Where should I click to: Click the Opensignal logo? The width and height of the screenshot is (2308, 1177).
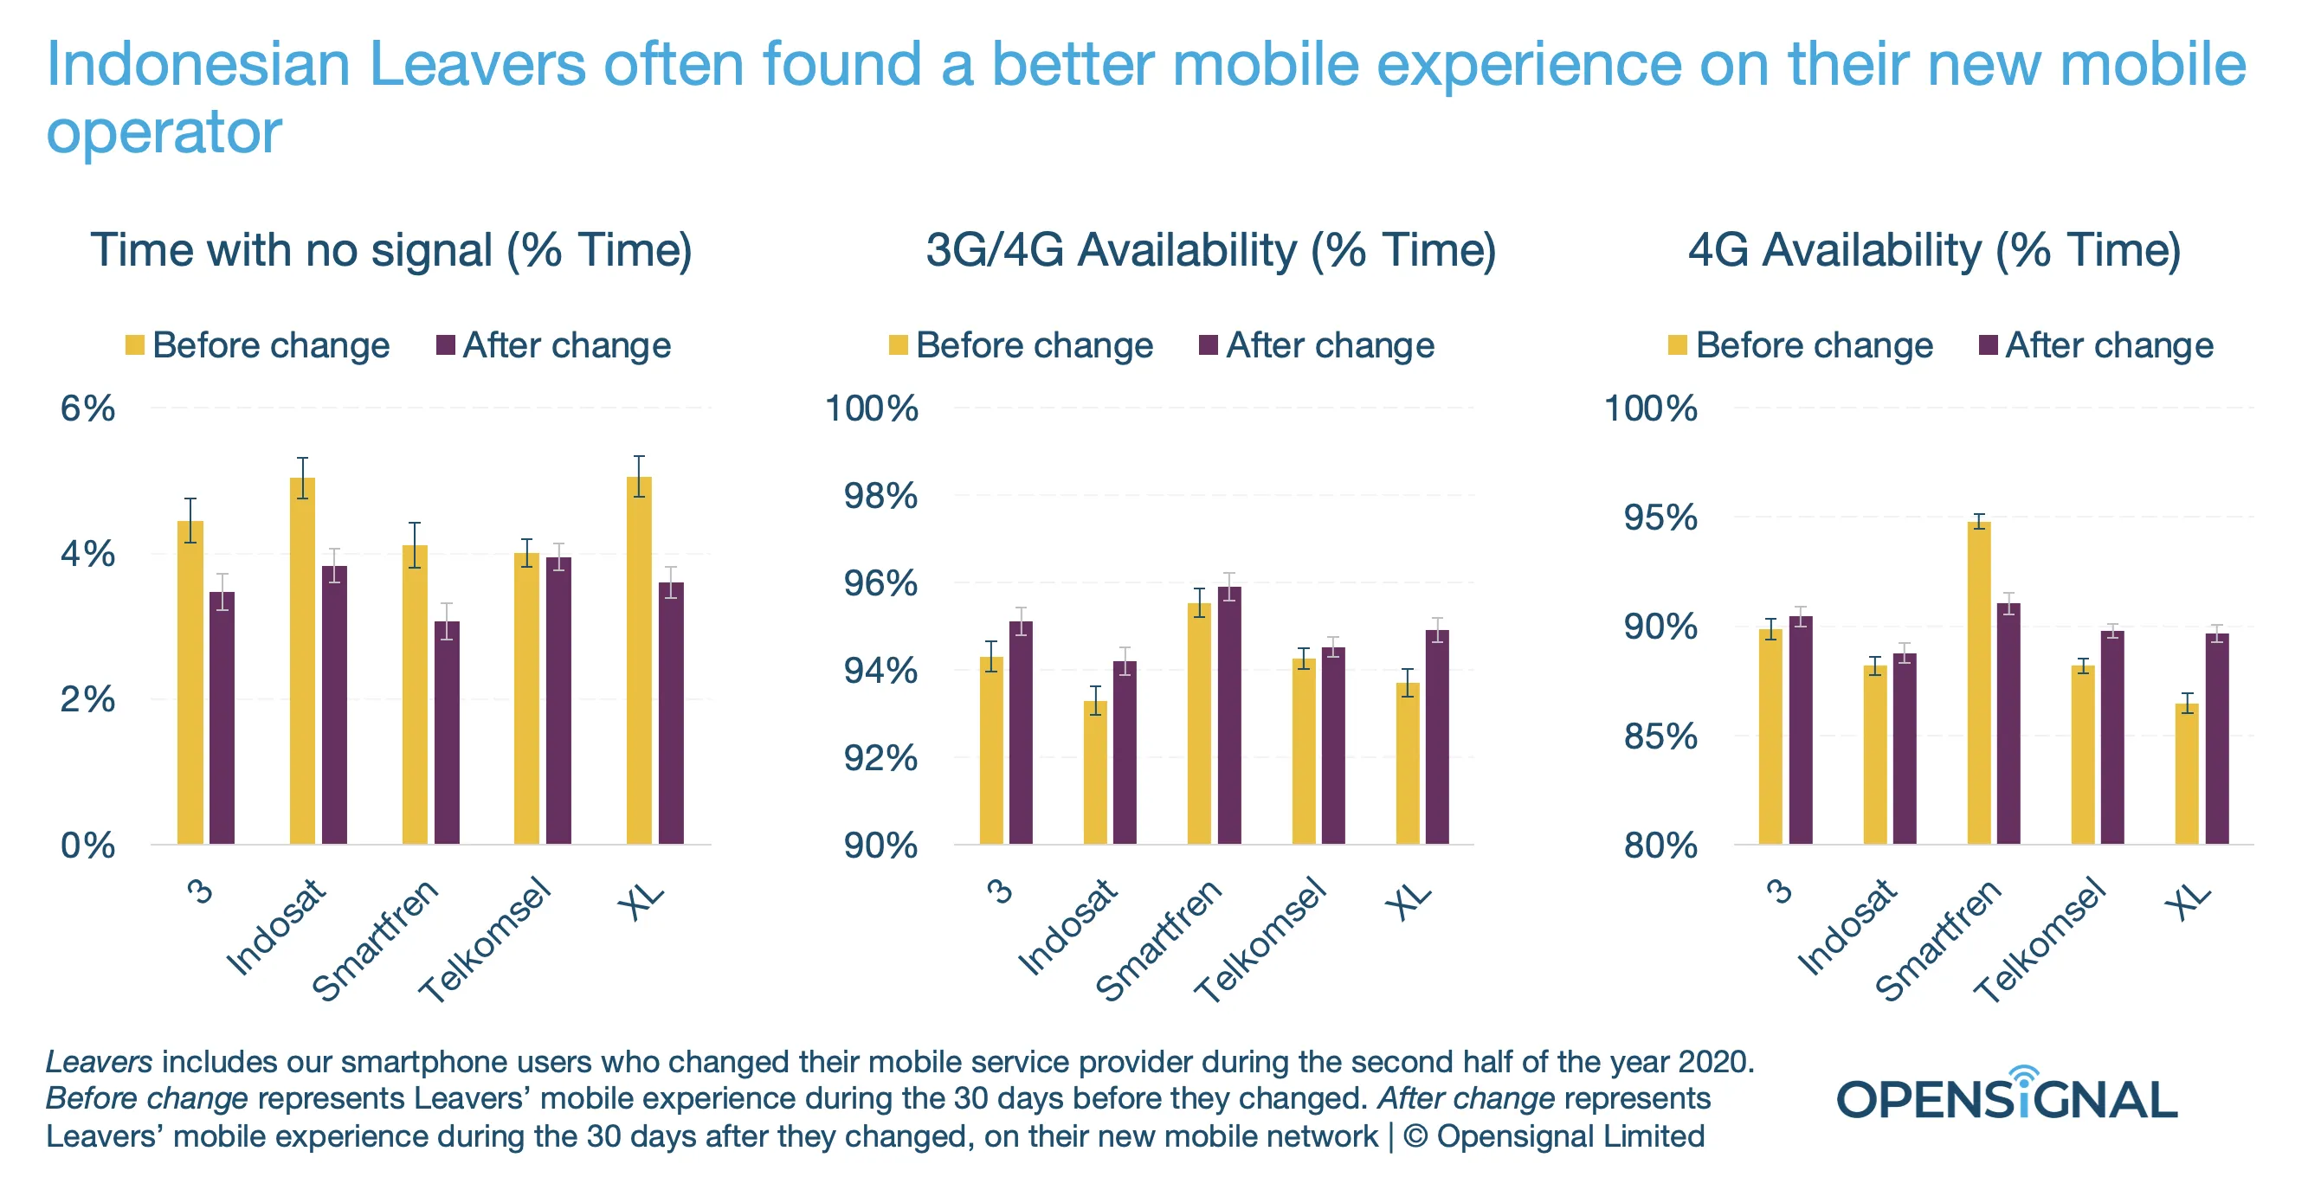(2007, 1095)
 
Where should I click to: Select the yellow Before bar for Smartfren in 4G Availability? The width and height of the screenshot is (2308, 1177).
(1978, 683)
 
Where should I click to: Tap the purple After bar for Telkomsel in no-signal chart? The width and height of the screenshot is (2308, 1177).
(558, 700)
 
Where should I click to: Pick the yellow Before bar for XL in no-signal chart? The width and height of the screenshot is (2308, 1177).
(639, 660)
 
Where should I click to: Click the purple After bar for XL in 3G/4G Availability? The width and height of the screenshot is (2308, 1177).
(1437, 736)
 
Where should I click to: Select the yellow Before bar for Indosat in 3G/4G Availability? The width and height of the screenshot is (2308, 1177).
(1095, 772)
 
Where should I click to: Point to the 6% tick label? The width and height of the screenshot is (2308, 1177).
(87, 408)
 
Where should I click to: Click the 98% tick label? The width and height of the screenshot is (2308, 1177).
(880, 495)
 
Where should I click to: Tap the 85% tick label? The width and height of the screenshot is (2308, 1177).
(1660, 736)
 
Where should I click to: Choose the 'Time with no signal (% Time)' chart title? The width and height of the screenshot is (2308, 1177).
(391, 250)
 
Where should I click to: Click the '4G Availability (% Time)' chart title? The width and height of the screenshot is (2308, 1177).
(1934, 250)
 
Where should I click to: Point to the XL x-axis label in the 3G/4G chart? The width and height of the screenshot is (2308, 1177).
(1409, 901)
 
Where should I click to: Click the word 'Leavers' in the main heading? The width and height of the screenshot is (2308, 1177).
(477, 65)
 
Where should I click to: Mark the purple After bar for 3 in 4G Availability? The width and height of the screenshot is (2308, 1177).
(1800, 730)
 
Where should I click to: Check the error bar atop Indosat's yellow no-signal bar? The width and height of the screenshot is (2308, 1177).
(303, 478)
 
